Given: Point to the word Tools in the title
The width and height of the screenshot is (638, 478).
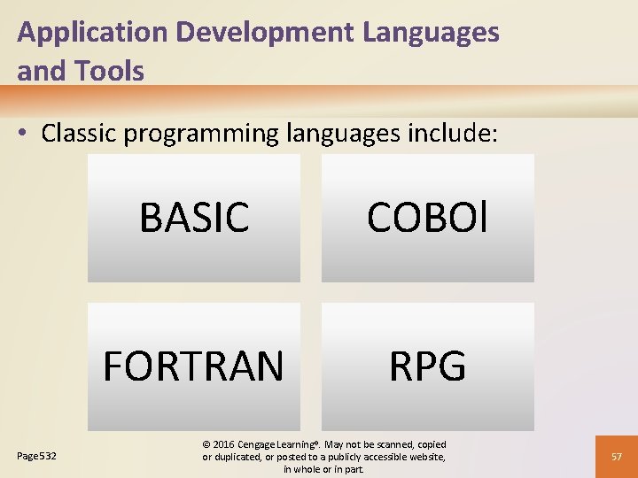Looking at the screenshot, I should (x=113, y=71).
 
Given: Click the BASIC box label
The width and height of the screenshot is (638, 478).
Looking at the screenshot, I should (x=194, y=218).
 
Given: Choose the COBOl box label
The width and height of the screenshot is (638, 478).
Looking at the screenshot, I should (x=427, y=218).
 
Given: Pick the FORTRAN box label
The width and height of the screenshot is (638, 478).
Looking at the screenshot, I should (x=194, y=366).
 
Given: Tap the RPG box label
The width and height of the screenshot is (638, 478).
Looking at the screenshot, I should (x=427, y=366).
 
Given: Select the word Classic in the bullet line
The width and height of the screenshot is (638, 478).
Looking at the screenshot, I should (x=80, y=134).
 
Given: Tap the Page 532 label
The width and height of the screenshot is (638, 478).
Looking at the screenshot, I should (x=37, y=456).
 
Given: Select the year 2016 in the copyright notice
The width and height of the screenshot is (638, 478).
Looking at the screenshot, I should (x=225, y=443).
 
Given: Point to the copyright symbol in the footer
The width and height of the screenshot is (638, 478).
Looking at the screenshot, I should (x=206, y=443).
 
